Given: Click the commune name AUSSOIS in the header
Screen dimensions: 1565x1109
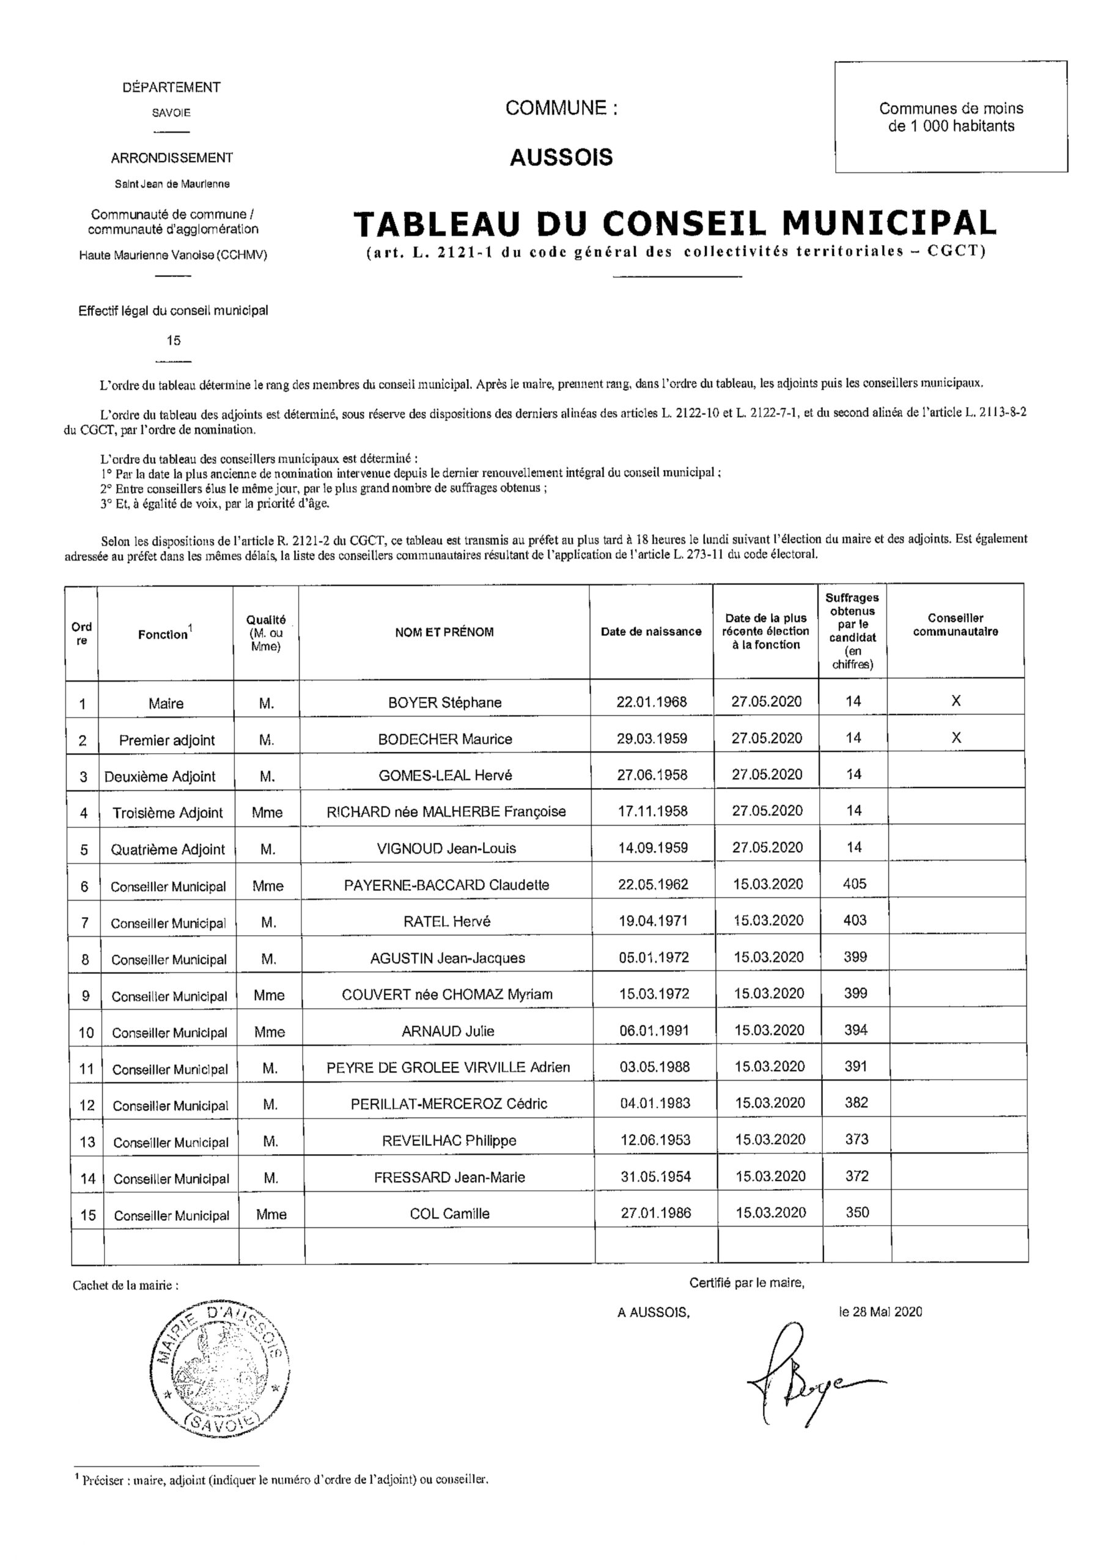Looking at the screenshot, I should [561, 158].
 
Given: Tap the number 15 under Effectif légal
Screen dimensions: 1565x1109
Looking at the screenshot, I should [174, 340].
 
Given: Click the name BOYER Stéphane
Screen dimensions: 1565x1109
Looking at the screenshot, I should [444, 702].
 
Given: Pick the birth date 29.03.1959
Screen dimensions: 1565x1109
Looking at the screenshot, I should [652, 739].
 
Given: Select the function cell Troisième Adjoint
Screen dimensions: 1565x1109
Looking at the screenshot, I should [168, 812].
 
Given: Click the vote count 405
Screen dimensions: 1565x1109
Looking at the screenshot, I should [854, 884].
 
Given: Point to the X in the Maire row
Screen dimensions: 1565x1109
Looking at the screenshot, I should [956, 701].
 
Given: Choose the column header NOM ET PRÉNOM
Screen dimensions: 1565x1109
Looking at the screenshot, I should [444, 632].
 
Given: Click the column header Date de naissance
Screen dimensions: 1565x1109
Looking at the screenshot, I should [650, 632].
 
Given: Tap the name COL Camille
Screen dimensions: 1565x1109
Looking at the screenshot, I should [449, 1213].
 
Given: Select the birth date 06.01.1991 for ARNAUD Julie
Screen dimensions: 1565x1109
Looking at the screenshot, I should [654, 1030].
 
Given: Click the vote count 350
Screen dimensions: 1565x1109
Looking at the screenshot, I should [857, 1213].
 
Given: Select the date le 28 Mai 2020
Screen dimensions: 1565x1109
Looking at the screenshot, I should [880, 1312].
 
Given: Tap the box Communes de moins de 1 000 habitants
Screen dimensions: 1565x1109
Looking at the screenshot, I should [951, 117].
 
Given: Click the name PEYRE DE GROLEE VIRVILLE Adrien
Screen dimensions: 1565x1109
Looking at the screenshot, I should [448, 1067].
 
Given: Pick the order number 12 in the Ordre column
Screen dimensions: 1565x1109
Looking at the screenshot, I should [87, 1105].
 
